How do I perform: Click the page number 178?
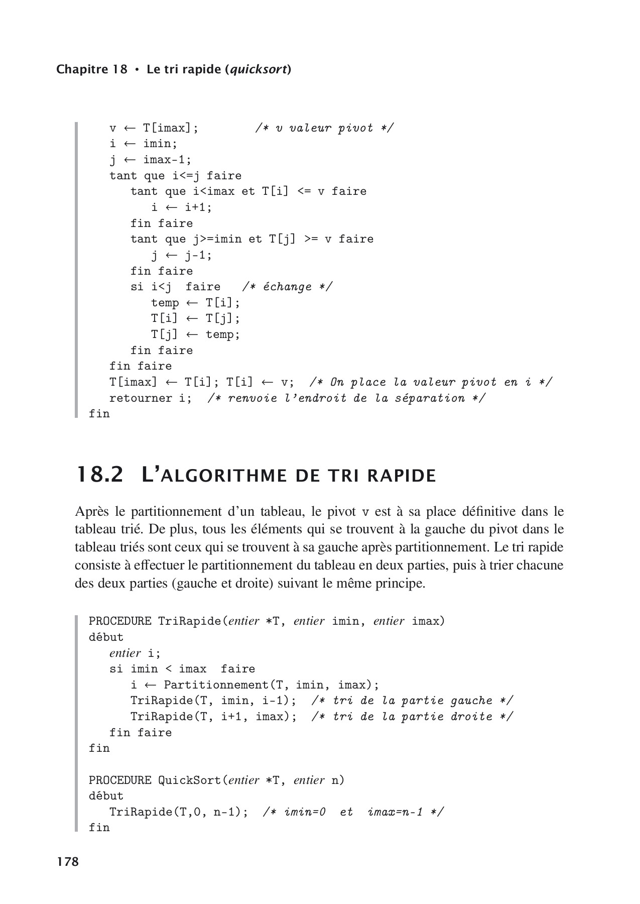point(68,862)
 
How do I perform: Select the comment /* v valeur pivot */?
point(324,128)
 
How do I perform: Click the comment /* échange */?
point(287,287)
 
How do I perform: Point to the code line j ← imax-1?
point(151,160)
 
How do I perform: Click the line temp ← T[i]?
point(196,303)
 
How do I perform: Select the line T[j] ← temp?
point(196,334)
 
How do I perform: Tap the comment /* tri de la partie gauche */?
point(412,701)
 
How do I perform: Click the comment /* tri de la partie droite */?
point(412,717)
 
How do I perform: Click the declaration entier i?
point(135,653)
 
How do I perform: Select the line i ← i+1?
point(182,207)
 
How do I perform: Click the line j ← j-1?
point(182,255)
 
